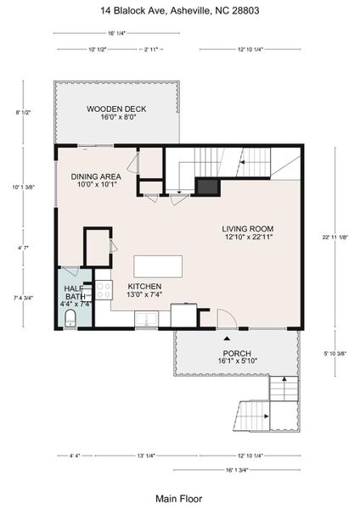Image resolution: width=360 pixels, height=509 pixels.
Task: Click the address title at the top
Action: pos(179,11)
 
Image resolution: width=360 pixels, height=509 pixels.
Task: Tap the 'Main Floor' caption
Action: pos(179,498)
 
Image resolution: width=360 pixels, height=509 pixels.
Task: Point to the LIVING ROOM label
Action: pos(248,233)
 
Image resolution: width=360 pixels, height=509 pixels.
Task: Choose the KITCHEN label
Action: pos(144,291)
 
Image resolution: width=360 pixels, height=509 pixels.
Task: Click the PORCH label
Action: pos(236,357)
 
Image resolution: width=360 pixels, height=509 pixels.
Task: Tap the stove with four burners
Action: pos(104,290)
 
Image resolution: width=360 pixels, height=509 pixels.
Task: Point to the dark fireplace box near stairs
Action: pos(208,186)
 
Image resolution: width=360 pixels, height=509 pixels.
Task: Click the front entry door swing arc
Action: pos(226,320)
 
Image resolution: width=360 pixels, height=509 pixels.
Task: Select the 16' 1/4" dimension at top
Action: pos(116,33)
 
